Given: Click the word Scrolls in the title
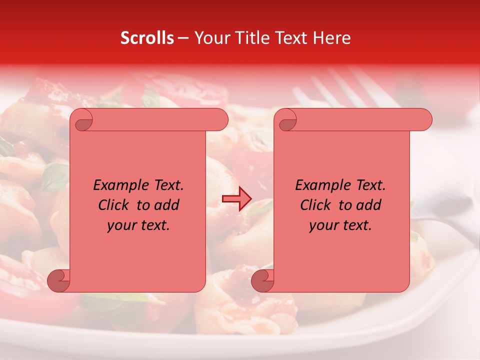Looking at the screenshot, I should pos(147,38).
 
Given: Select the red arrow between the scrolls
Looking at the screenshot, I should pos(237,199).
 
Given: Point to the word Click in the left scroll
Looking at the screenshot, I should pos(115,205).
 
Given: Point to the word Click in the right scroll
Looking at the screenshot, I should pos(317,205).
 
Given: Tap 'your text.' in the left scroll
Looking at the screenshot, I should pos(138,225).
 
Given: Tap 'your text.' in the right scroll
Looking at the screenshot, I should pos(340,225).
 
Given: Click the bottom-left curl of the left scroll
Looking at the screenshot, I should pos(58,280).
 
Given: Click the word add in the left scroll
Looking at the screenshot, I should pos(167,205).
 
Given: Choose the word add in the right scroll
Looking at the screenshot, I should pos(369,205).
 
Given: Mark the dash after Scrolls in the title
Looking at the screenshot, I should pos(183,38).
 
